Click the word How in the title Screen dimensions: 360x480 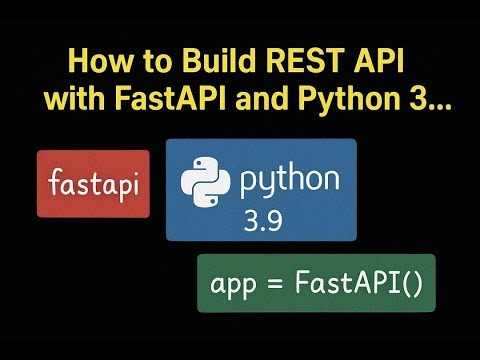click(x=94, y=61)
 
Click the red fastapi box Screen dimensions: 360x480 click(x=93, y=184)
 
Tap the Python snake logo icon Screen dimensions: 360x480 click(x=205, y=183)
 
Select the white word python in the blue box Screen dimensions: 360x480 click(x=291, y=182)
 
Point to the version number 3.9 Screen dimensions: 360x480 click(x=263, y=220)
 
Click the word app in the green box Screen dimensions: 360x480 click(x=231, y=285)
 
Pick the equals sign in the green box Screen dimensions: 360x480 click(x=272, y=284)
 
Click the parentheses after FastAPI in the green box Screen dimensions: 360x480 click(x=413, y=284)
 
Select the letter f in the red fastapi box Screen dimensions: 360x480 click(x=55, y=183)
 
